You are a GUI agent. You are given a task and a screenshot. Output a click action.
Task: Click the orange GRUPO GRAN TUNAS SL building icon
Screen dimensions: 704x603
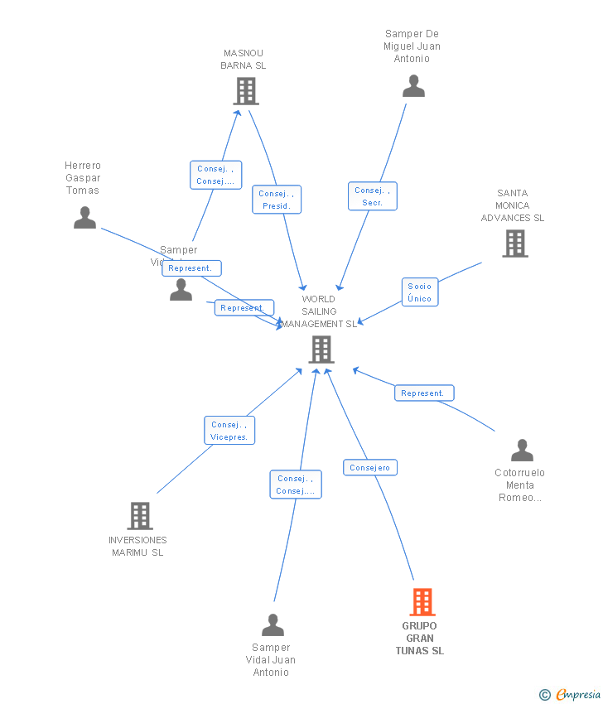(x=422, y=601)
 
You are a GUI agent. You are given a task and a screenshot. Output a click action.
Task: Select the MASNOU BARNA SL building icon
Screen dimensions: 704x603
(x=245, y=91)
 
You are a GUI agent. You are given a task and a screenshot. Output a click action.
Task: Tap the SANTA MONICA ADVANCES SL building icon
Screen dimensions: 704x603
(x=514, y=244)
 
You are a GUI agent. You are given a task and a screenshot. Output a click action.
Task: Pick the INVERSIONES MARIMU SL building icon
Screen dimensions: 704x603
(x=139, y=515)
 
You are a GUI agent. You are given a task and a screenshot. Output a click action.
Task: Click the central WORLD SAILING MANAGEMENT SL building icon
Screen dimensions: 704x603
(x=321, y=350)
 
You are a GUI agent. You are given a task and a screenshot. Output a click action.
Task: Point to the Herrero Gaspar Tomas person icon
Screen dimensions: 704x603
(x=84, y=218)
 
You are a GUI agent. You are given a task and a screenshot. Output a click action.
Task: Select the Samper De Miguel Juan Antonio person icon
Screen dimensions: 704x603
(x=413, y=86)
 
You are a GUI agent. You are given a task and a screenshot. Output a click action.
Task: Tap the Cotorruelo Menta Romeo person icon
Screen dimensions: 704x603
(x=522, y=451)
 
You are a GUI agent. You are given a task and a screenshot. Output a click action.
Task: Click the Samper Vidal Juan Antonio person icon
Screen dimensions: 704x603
(x=273, y=625)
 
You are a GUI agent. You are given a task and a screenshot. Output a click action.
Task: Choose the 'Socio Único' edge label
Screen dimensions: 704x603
(x=420, y=292)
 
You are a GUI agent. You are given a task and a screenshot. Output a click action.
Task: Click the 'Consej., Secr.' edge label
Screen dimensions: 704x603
(x=372, y=196)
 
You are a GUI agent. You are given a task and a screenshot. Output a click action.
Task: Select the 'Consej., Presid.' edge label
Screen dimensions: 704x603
(x=276, y=200)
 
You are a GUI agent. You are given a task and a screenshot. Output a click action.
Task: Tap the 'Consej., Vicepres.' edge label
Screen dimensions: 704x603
(x=229, y=431)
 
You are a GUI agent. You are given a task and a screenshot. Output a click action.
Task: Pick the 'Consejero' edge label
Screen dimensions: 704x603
(x=370, y=468)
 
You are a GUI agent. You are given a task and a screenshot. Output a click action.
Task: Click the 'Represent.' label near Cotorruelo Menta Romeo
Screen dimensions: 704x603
(x=423, y=393)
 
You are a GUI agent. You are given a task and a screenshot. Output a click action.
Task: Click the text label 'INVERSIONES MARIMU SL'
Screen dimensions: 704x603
(x=137, y=546)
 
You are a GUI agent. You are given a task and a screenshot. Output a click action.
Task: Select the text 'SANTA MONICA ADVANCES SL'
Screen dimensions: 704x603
(x=513, y=205)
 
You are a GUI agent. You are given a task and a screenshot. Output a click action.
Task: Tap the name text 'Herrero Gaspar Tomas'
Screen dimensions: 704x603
(x=83, y=178)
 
